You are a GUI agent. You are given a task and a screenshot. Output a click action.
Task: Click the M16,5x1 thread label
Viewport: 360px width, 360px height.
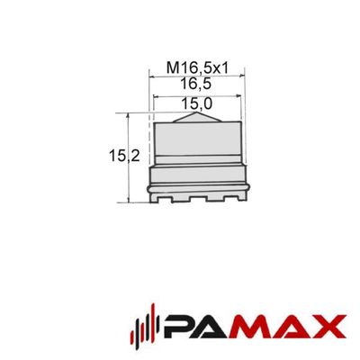coord(198,68)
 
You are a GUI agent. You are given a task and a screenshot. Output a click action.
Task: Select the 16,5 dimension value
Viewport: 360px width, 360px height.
coord(195,84)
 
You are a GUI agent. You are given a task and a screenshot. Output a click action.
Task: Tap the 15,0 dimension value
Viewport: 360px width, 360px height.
coord(196,104)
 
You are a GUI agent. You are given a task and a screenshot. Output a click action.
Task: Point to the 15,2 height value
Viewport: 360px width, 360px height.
coord(124,156)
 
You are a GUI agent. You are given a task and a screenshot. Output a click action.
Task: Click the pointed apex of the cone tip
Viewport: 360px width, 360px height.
coord(196,112)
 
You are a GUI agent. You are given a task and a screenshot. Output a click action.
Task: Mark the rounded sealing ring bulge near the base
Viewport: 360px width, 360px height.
coord(198,188)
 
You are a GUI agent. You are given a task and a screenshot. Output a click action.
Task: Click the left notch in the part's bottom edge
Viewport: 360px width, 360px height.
coord(165,200)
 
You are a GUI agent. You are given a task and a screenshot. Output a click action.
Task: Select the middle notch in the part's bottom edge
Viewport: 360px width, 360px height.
coord(198,200)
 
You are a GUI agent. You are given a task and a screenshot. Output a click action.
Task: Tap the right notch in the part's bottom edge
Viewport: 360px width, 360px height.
coord(232,199)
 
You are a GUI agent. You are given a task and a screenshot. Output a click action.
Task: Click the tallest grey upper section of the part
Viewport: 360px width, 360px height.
coord(197,139)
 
